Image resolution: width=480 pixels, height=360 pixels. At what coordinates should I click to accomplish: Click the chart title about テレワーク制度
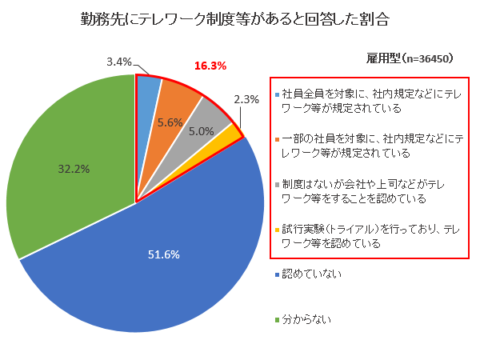tap(240, 18)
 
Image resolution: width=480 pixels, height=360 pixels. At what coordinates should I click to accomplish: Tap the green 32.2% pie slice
tap(64, 160)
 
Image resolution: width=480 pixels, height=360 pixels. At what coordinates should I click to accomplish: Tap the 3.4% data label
tap(118, 62)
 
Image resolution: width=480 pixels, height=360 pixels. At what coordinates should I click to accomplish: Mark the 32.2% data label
tap(74, 169)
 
